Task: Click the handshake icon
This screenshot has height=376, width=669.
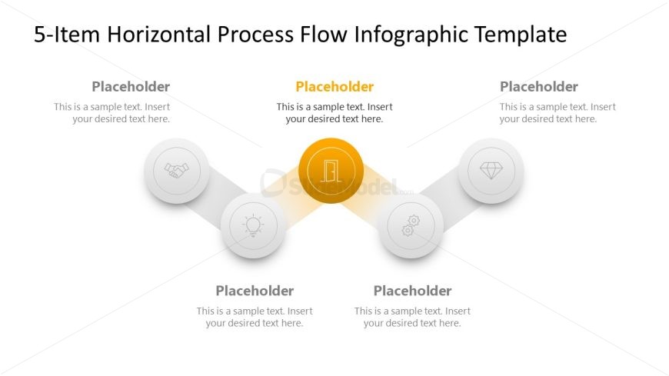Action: tap(177, 171)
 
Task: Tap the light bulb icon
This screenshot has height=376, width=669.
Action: tap(253, 225)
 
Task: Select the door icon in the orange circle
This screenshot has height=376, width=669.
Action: tap(331, 171)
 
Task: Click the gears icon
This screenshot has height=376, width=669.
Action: tap(411, 225)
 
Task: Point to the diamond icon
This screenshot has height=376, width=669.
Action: tap(491, 171)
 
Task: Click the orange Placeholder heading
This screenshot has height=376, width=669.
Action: tap(334, 87)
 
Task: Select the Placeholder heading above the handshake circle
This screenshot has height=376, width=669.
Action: tap(131, 87)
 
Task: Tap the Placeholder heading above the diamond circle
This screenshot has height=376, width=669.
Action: tap(539, 87)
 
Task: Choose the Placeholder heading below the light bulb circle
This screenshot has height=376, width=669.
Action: tap(255, 291)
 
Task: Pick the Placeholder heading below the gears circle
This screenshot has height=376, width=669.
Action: tap(413, 291)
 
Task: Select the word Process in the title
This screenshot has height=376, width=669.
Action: tap(255, 34)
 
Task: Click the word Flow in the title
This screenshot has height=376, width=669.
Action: tap(324, 34)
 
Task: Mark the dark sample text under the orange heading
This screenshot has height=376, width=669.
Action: tap(334, 113)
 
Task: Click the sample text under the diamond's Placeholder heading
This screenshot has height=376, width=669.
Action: tap(557, 113)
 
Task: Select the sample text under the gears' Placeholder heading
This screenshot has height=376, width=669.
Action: tap(413, 317)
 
